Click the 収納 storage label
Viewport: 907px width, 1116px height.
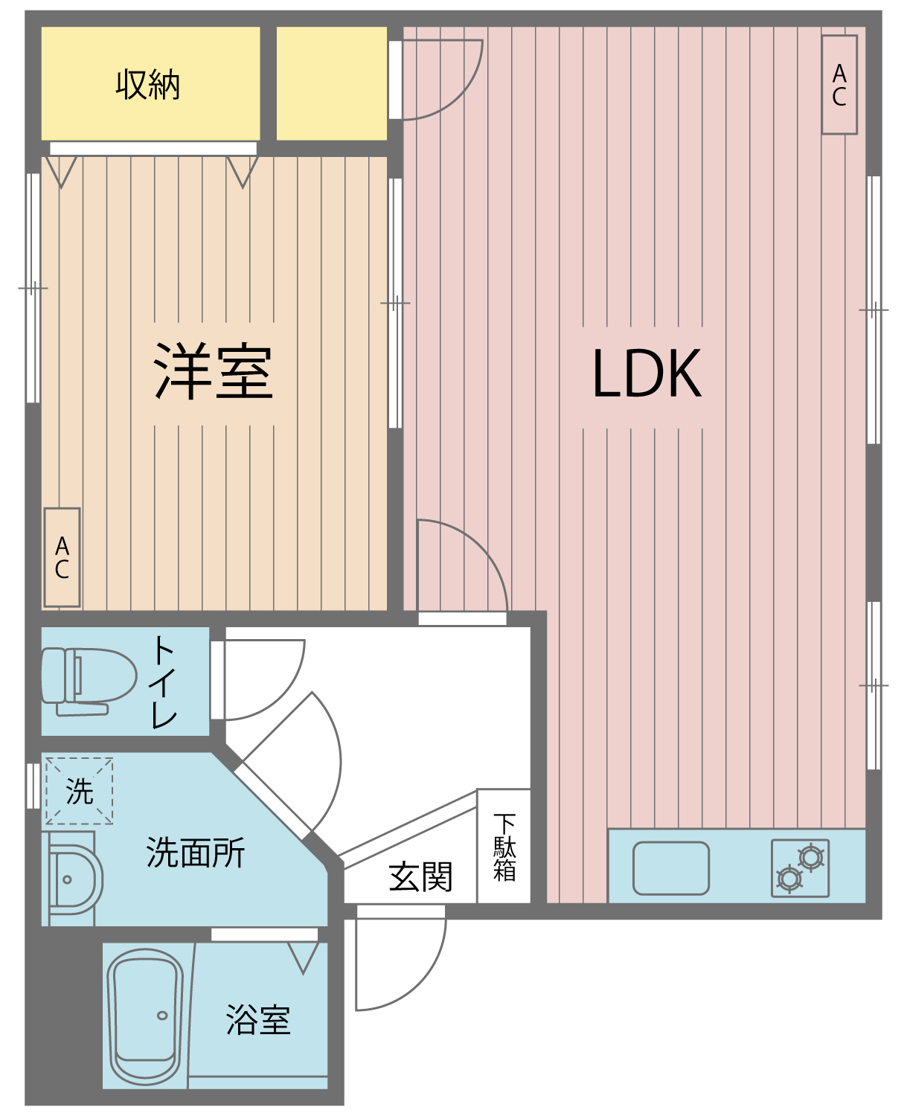pos(148,84)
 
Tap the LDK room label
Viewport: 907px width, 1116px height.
pos(647,373)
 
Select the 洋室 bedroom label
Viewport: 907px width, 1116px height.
pos(213,371)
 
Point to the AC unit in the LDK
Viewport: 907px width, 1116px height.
pos(839,85)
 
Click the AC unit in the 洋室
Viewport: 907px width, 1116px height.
pos(62,557)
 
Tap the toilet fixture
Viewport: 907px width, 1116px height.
pos(89,682)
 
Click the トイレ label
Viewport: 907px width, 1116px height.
pos(164,682)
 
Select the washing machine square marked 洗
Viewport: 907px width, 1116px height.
pos(79,791)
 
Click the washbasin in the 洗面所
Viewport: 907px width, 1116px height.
pos(72,879)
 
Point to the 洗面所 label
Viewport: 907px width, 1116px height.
pos(196,853)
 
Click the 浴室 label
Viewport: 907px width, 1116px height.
pos(257,1019)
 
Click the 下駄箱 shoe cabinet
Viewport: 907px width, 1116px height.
pos(504,846)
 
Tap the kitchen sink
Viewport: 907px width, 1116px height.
pos(670,868)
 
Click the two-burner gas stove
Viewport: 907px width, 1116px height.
pos(800,868)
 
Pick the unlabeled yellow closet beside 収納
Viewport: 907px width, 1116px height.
pos(332,84)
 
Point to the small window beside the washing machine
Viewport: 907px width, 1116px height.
pos(33,786)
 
